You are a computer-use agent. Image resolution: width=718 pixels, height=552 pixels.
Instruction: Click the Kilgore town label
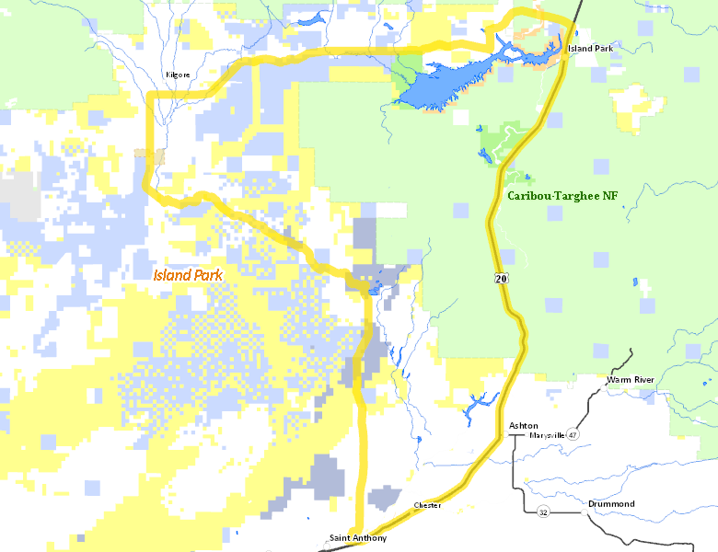177,75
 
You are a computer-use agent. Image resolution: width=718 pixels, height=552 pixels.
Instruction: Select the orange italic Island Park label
187,275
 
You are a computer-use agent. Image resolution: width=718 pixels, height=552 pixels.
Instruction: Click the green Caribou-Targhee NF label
562,196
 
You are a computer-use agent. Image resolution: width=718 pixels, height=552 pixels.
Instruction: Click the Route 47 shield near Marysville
573,435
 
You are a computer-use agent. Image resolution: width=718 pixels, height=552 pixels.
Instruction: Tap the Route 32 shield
543,512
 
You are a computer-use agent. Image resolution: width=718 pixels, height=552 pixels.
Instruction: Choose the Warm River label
630,379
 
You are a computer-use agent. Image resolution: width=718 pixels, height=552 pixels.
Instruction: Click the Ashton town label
524,425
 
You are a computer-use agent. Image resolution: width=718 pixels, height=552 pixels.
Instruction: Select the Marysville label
547,435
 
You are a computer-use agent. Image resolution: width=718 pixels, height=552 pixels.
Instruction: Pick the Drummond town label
611,504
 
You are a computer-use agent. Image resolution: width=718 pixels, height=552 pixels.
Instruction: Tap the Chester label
428,505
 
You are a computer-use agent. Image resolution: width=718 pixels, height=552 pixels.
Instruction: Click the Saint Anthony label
358,538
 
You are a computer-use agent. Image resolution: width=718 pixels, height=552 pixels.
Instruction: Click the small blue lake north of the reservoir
309,18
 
